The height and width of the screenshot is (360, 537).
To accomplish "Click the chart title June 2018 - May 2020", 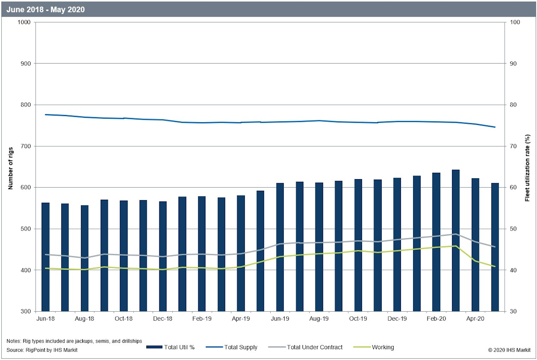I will (46, 9).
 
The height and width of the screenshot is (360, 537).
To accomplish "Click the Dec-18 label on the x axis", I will (163, 319).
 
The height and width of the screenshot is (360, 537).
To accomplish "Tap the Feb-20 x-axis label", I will (436, 319).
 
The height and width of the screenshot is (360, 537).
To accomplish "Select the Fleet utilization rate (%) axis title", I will (527, 167).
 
